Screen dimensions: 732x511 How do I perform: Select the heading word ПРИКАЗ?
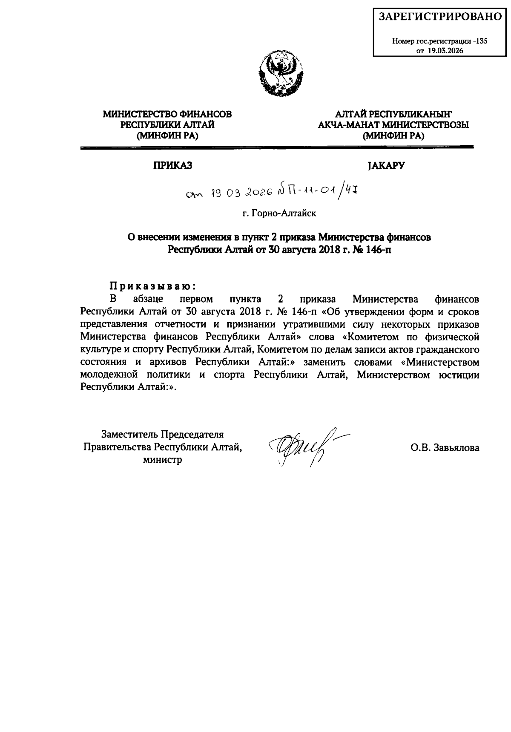point(172,166)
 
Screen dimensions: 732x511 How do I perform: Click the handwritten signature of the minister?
point(302,447)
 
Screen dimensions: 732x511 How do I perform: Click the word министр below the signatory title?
point(162,460)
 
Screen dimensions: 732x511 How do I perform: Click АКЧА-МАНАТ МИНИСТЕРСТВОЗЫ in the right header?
point(393,125)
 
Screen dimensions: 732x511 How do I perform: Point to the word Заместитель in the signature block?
point(129,435)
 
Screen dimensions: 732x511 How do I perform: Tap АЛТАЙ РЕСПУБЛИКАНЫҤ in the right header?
point(393,114)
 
